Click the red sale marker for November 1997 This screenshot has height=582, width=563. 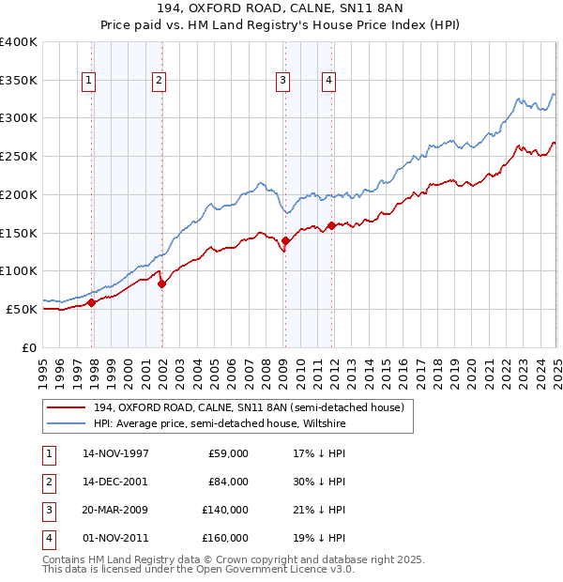coord(92,302)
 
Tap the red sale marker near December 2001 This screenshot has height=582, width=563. coord(161,283)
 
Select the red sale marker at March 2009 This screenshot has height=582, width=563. coord(285,240)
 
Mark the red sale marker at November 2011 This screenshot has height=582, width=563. coord(331,225)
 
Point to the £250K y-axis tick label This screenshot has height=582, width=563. coord(19,156)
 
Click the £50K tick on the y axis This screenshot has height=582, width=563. coord(23,309)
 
